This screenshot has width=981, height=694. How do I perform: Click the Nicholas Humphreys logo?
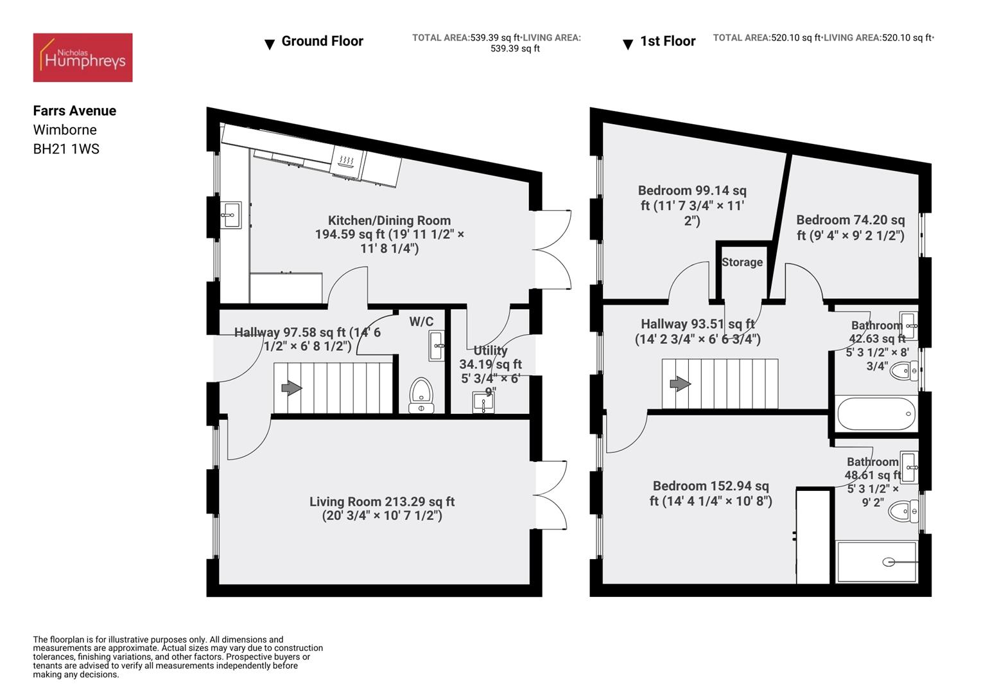pos(83,57)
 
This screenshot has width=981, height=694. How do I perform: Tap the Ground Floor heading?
pos(322,41)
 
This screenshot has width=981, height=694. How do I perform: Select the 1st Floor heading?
pos(668,41)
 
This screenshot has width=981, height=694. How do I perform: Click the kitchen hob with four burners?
pos(347,163)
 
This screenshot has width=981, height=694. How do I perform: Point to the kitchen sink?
pos(230,215)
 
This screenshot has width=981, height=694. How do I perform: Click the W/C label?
pos(421,321)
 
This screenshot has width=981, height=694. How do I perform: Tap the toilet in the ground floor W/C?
pos(421,395)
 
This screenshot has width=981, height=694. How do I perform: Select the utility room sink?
pos(483,402)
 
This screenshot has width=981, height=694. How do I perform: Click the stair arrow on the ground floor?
pos(291,387)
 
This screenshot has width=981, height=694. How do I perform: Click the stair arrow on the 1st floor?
pos(680,384)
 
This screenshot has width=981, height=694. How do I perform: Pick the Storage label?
pos(742,262)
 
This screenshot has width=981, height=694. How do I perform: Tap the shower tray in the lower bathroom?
pos(876,562)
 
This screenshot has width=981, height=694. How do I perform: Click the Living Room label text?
pos(382,508)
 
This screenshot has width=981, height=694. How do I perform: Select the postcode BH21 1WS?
pos(66,149)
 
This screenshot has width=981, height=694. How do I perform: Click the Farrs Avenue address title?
pos(74,111)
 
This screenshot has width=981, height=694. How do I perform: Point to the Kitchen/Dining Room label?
pos(389,234)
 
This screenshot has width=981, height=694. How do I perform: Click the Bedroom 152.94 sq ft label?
pos(710,494)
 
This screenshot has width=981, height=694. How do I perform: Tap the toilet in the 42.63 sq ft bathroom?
pos(903,371)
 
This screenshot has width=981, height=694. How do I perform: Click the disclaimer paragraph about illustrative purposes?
pos(178,657)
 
